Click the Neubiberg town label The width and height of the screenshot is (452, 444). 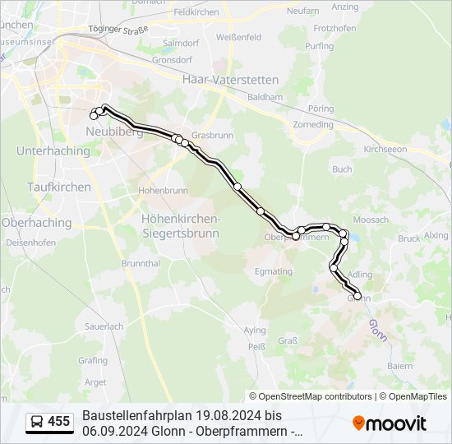108,132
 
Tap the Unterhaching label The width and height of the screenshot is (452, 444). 53,151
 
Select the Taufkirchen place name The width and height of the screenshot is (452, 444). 59,187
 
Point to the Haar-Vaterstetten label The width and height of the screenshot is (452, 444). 230,80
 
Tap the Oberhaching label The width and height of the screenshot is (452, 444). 36,222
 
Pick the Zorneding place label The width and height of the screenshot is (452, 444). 314,124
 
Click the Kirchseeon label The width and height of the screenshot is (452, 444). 385,150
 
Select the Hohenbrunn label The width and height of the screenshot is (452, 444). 163,190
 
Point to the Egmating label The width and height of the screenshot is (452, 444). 274,271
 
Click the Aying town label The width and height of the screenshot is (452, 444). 255,330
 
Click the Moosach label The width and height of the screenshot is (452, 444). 370,220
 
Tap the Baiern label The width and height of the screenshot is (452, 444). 400,365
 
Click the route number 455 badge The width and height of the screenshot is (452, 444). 59,422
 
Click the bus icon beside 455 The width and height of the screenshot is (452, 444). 37,423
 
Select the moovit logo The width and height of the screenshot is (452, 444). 390,423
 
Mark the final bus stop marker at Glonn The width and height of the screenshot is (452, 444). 357,296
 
